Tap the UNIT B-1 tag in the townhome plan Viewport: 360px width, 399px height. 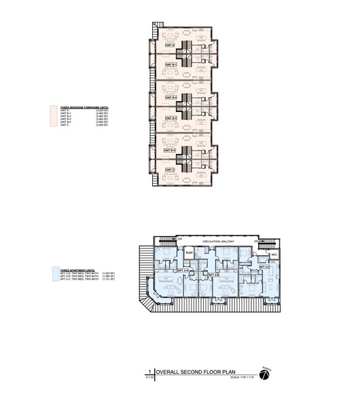click(171, 65)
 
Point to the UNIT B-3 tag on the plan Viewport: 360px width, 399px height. click(171, 118)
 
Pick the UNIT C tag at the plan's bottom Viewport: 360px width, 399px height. click(170, 170)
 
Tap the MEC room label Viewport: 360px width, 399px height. click(275, 255)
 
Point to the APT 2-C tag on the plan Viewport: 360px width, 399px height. click(265, 267)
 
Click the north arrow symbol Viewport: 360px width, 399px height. click(267, 373)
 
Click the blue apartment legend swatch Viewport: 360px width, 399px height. click(54, 274)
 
